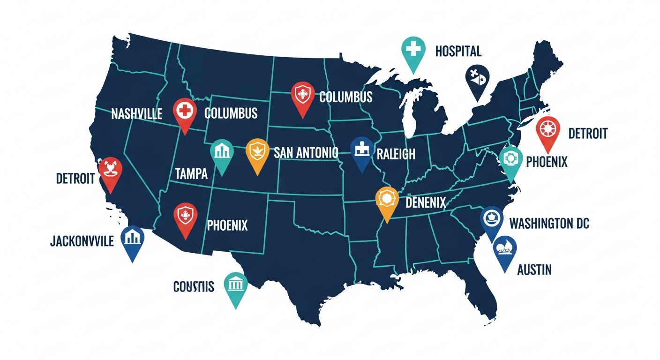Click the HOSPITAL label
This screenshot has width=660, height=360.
pos(458,51)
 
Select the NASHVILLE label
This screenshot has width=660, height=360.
pos(137,113)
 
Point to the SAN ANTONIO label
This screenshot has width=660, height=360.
pos(306,152)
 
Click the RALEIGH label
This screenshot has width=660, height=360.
pos(396,155)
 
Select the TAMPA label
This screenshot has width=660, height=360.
pos(191,174)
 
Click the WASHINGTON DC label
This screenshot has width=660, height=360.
pos(549,223)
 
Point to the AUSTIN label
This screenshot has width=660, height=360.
pos(534,270)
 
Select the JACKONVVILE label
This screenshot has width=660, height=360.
pos(82,241)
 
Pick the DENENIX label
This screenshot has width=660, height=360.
pos(425,202)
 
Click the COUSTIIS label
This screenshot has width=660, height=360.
pos(194,286)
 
